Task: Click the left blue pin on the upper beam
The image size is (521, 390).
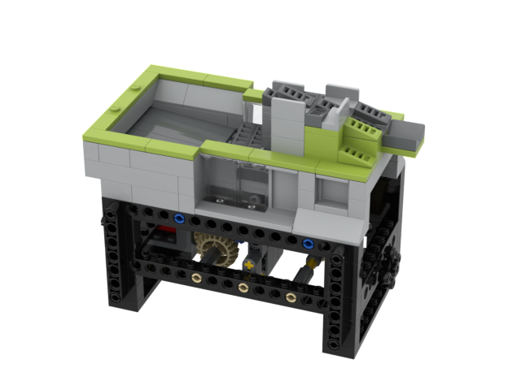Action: [x=178, y=219]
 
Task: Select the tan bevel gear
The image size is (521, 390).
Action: [x=213, y=248]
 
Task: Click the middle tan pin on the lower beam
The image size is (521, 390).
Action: [x=243, y=288]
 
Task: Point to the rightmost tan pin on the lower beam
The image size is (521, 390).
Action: [x=291, y=297]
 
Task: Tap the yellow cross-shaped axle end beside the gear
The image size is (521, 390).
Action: [x=248, y=265]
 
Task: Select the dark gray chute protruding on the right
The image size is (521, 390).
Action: [x=407, y=136]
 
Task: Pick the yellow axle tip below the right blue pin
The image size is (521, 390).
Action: [x=310, y=264]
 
